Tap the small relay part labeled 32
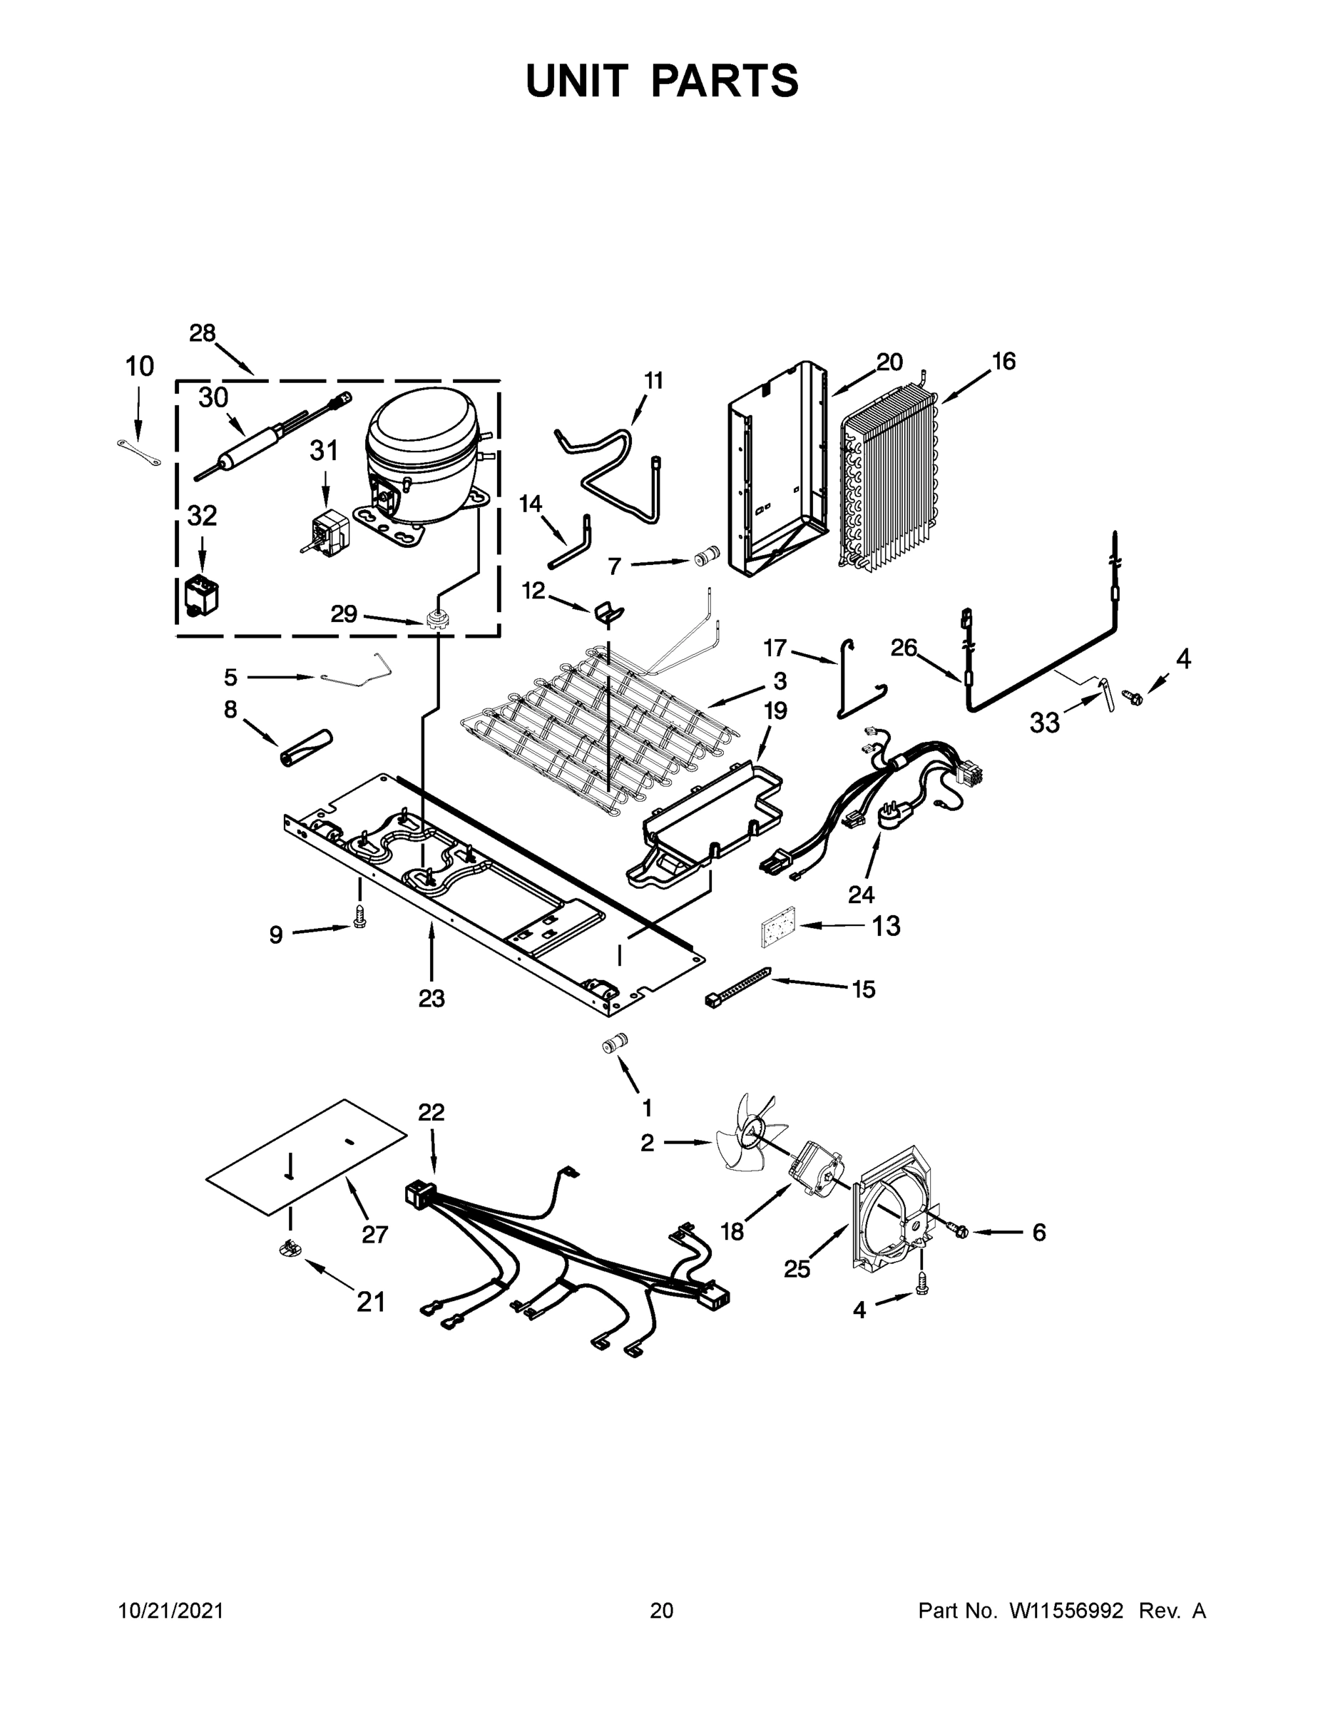click(x=200, y=596)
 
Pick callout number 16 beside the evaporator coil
click(x=1003, y=362)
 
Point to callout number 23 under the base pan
click(x=431, y=999)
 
